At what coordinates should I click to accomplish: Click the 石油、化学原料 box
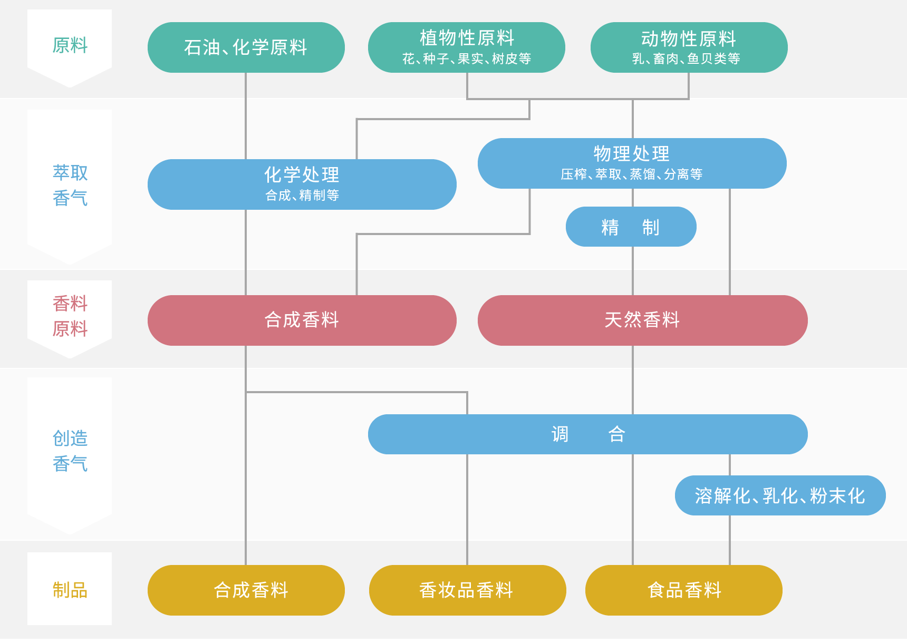pyautogui.click(x=246, y=47)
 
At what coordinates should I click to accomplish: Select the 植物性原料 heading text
pyautogui.click(x=467, y=38)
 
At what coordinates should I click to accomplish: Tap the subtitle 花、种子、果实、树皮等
pyautogui.click(x=467, y=59)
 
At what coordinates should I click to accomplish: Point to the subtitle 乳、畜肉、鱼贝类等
pyautogui.click(x=686, y=59)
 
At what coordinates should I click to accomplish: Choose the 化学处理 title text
pyautogui.click(x=302, y=174)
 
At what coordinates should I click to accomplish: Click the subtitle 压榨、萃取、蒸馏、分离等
pyautogui.click(x=632, y=174)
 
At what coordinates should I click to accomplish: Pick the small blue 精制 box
pyautogui.click(x=631, y=227)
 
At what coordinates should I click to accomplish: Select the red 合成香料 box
pyautogui.click(x=302, y=320)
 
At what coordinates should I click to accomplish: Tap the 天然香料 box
pyautogui.click(x=643, y=320)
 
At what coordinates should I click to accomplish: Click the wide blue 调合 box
pyautogui.click(x=588, y=434)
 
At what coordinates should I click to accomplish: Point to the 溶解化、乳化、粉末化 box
pyautogui.click(x=780, y=495)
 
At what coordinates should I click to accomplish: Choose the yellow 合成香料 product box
pyautogui.click(x=246, y=590)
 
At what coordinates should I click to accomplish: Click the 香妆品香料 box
pyautogui.click(x=468, y=590)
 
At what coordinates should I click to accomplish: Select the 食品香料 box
pyautogui.click(x=684, y=590)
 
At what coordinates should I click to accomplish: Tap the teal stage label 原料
pyautogui.click(x=70, y=45)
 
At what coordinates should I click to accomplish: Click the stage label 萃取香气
pyautogui.click(x=70, y=186)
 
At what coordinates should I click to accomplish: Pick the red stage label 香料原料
pyautogui.click(x=70, y=316)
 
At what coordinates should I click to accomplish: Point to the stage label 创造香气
pyautogui.click(x=70, y=451)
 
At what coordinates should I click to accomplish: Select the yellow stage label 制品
pyautogui.click(x=70, y=590)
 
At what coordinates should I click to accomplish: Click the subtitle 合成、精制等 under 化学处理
pyautogui.click(x=302, y=195)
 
